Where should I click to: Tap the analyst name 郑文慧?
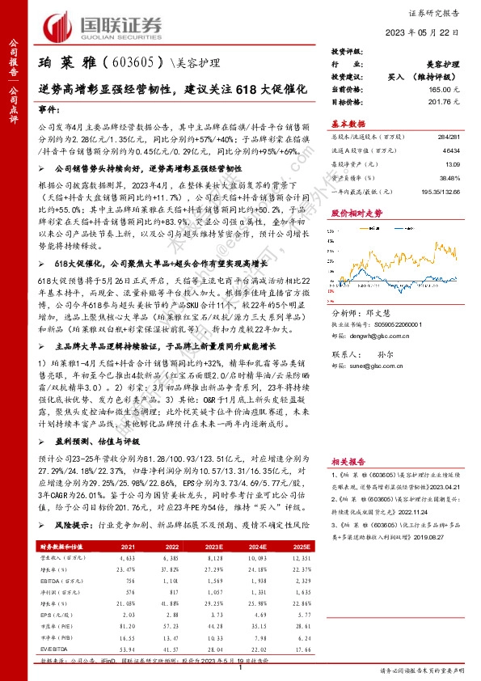point(391,312)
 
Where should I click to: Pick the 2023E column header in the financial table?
point(213,548)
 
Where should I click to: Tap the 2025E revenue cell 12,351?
point(302,558)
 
